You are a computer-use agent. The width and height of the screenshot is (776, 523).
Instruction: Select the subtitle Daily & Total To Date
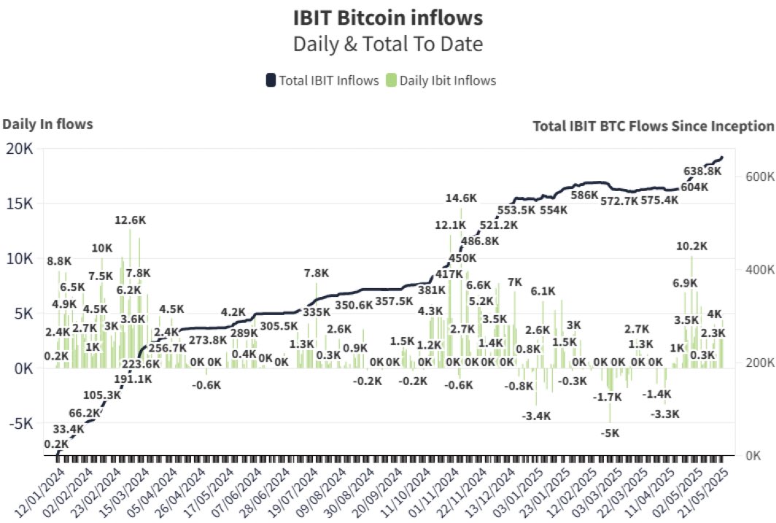click(x=387, y=44)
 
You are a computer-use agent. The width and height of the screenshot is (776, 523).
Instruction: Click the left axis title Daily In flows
click(x=47, y=124)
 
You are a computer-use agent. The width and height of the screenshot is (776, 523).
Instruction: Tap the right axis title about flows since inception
click(x=653, y=126)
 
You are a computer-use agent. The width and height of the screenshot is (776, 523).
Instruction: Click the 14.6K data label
click(x=462, y=198)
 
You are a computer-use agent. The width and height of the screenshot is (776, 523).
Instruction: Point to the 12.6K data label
click(x=130, y=220)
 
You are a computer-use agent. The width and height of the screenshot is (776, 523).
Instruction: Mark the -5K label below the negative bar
click(x=610, y=433)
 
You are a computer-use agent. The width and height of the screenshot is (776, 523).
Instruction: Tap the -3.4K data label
click(x=536, y=416)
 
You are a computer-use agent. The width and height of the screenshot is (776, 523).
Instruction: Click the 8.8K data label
click(x=60, y=260)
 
